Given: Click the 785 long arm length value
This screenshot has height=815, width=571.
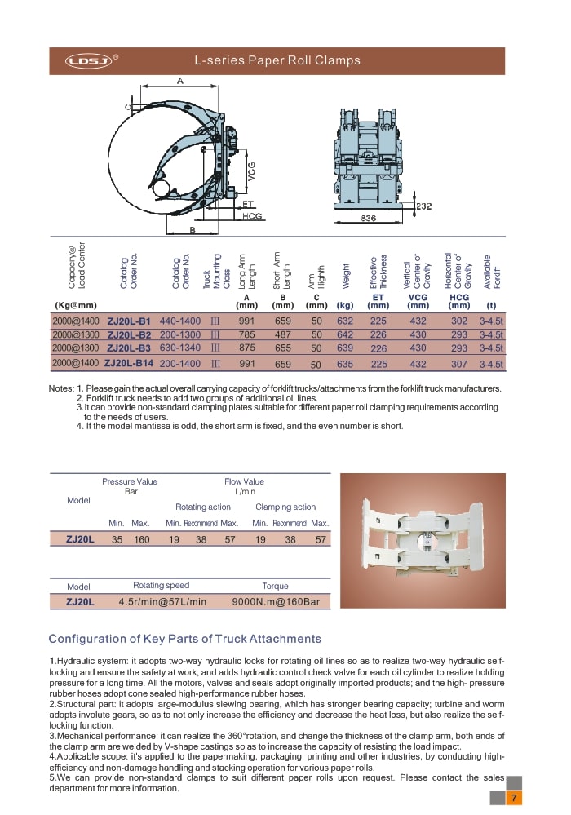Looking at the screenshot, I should click(x=246, y=335).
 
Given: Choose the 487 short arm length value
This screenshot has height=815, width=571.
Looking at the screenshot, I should click(x=282, y=335).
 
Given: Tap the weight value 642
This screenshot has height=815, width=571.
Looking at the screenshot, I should click(x=344, y=335).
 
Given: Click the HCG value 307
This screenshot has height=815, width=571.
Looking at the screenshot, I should click(x=459, y=364).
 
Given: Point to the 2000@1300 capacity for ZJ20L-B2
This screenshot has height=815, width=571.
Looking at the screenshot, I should click(x=75, y=335).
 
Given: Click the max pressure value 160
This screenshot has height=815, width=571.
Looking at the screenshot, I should click(x=141, y=539).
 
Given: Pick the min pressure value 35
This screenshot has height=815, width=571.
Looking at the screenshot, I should click(x=117, y=539).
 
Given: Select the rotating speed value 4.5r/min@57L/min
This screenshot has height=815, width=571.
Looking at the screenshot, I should click(x=162, y=602).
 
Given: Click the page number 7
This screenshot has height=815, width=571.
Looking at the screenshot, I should click(x=514, y=797).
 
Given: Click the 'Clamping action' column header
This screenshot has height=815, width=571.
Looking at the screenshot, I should click(x=285, y=507).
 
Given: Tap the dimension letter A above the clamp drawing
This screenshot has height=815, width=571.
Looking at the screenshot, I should click(x=179, y=81).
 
